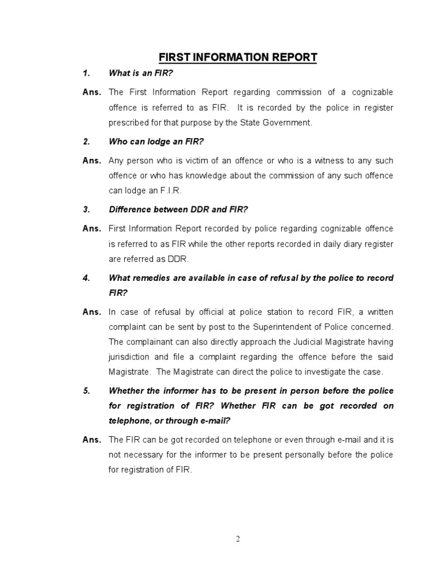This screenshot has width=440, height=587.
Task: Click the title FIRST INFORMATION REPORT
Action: point(237,57)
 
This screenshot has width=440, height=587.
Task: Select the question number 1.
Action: point(87,73)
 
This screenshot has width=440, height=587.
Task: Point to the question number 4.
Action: point(87,277)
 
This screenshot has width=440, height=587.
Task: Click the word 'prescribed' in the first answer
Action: point(128,122)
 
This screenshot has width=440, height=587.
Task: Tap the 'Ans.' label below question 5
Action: point(91,440)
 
